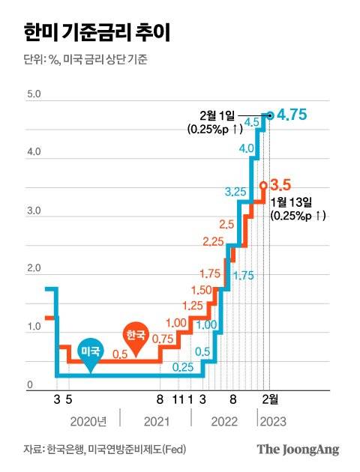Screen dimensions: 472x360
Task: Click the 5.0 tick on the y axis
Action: click(34, 95)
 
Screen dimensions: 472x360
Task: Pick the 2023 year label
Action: click(271, 423)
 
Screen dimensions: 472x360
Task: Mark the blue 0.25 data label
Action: click(182, 367)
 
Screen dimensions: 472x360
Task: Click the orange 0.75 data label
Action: click(163, 339)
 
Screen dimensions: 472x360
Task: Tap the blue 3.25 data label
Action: click(236, 193)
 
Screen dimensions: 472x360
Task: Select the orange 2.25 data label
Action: click(214, 240)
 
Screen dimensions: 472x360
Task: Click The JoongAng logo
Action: click(298, 450)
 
